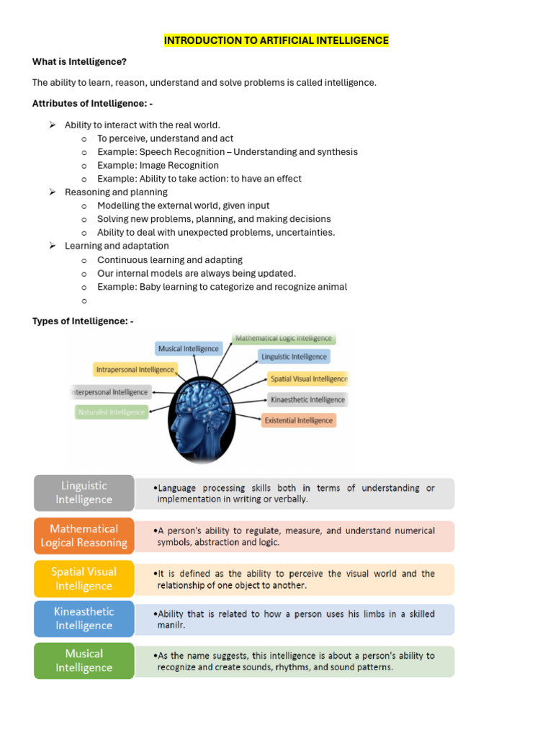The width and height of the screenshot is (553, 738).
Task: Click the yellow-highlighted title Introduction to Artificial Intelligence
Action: click(x=276, y=40)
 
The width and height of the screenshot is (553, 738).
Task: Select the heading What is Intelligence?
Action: click(x=79, y=62)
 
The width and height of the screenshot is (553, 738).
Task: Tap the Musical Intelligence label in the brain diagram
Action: click(x=188, y=349)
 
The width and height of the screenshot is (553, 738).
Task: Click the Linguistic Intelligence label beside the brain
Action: click(x=293, y=357)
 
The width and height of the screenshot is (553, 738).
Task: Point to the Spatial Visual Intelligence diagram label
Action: click(x=308, y=378)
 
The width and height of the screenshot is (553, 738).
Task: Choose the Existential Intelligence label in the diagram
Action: click(x=298, y=420)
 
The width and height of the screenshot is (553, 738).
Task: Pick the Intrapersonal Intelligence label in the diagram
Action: click(x=135, y=370)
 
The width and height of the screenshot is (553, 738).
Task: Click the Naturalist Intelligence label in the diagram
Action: click(x=111, y=412)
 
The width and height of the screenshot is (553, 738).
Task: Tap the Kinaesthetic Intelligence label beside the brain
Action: click(x=307, y=399)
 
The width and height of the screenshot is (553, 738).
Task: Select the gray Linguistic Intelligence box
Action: click(x=84, y=493)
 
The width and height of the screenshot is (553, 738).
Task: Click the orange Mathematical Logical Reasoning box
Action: click(x=84, y=535)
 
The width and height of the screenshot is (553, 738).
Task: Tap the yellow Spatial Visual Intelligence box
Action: click(x=84, y=578)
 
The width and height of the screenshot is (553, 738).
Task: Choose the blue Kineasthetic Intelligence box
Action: click(x=84, y=618)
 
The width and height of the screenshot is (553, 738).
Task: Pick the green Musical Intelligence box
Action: click(x=84, y=660)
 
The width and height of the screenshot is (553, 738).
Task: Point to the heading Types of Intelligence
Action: click(x=83, y=321)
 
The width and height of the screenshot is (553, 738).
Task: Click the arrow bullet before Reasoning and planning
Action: click(x=53, y=192)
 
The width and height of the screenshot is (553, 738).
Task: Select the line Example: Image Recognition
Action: click(x=158, y=165)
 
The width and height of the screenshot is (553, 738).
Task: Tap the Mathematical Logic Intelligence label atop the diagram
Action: click(x=284, y=338)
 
